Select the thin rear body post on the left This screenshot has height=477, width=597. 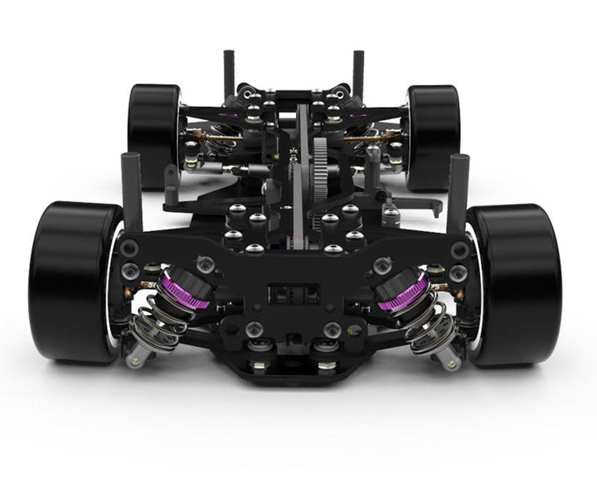click(228, 75)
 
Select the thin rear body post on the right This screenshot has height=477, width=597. click(358, 75)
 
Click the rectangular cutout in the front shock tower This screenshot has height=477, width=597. click(294, 294)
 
